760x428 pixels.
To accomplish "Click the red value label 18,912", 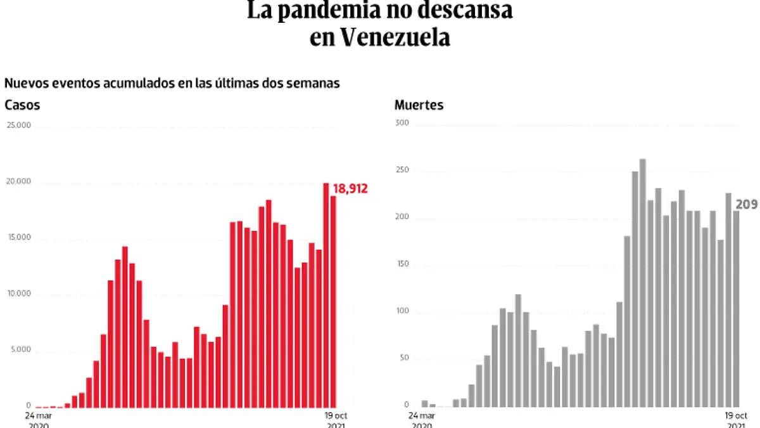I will click(350, 188).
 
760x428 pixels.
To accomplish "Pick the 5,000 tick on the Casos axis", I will click(20, 350).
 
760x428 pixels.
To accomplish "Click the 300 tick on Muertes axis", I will click(402, 122).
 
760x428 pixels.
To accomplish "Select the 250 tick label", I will click(402, 171).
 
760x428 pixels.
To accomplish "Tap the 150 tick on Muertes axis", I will click(402, 264).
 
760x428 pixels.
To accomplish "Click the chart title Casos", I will click(22, 105).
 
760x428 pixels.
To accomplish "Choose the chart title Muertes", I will click(419, 105).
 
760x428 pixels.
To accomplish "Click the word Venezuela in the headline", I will click(395, 37).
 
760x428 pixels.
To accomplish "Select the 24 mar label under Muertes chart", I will click(421, 416).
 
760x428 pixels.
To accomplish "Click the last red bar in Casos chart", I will click(333, 302).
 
